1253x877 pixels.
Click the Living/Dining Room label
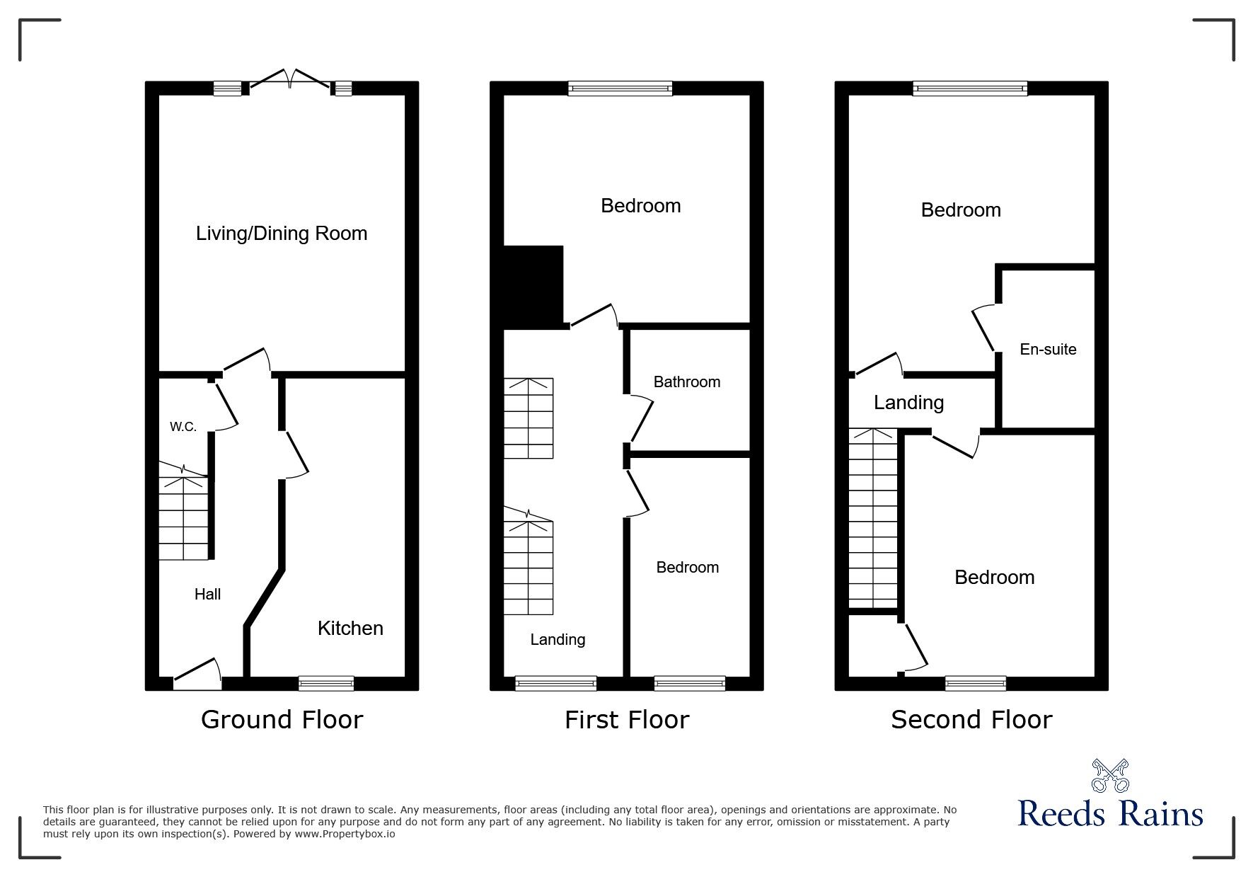(x=282, y=234)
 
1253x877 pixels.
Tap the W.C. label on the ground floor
(x=183, y=427)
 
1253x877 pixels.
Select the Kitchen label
(x=350, y=628)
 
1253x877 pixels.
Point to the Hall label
(x=207, y=595)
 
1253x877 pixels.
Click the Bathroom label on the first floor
(x=687, y=382)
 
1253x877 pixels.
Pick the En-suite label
(x=1048, y=349)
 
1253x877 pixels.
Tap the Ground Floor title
(x=282, y=720)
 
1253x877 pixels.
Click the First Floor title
(x=627, y=720)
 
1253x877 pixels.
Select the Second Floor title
(x=971, y=720)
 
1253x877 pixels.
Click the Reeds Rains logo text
(x=1111, y=813)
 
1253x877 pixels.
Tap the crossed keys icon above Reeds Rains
(x=1110, y=775)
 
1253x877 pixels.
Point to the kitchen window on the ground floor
(x=326, y=683)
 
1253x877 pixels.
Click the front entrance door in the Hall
(x=197, y=673)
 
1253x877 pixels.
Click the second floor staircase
(x=873, y=517)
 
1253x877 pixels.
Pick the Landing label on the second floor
(x=908, y=403)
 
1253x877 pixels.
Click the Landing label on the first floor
(x=558, y=640)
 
